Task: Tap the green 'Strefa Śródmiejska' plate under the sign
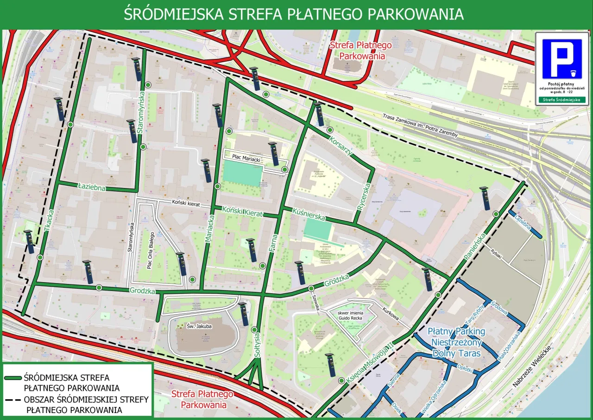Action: pyautogui.click(x=562, y=100)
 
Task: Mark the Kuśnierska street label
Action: pyautogui.click(x=309, y=214)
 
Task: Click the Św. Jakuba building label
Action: pyautogui.click(x=200, y=326)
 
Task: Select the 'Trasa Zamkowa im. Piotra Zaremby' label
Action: pyautogui.click(x=421, y=125)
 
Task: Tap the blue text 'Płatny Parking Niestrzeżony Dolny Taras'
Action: pyautogui.click(x=456, y=342)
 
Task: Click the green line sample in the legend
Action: pyautogui.click(x=13, y=378)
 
